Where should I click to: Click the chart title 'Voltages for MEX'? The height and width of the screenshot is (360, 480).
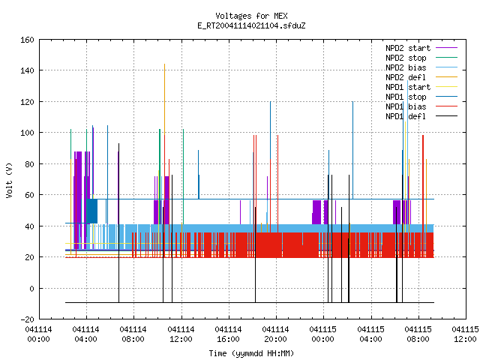251,16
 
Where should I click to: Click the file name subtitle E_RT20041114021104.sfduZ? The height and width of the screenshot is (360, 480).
251,25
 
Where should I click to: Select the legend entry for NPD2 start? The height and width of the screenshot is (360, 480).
421,48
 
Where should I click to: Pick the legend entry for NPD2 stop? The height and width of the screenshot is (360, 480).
421,58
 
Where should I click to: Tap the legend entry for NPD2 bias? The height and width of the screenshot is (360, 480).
421,67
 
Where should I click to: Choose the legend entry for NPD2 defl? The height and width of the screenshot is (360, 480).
421,77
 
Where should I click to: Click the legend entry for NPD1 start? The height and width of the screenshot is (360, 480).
421,87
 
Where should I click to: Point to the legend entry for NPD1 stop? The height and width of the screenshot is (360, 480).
421,97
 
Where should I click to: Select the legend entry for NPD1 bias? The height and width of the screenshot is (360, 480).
421,106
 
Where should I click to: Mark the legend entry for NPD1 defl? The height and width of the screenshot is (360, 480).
421,117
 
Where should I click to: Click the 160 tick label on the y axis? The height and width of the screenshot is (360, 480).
27,40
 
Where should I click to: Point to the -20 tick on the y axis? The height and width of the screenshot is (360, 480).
27,319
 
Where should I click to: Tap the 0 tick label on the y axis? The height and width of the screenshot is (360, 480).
31,288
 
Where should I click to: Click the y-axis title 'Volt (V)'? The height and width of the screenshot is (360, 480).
9,181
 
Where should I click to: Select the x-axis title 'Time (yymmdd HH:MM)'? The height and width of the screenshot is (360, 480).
251,353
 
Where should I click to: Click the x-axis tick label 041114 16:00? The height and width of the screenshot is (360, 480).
228,334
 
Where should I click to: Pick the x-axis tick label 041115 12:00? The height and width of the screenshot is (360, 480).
465,334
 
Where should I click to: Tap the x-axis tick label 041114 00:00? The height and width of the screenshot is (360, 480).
38,334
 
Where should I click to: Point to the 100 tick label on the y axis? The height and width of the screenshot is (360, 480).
27,133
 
